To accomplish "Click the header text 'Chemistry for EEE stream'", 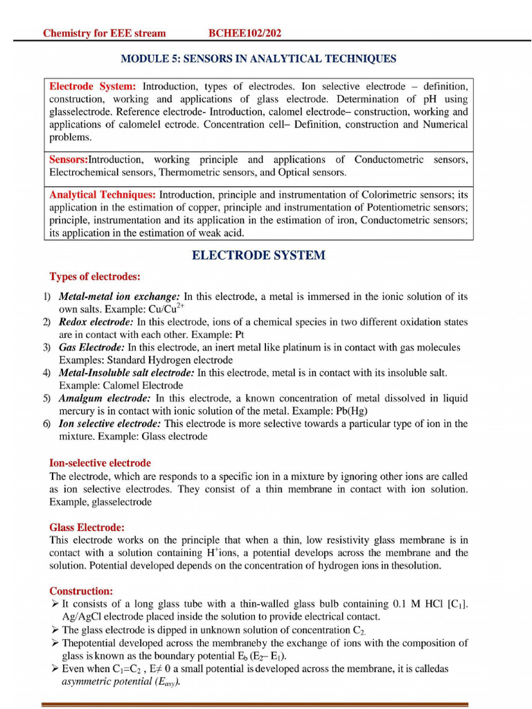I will (x=104, y=33).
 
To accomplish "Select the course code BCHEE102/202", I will (x=245, y=33).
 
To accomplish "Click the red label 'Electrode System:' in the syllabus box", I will (x=93, y=87).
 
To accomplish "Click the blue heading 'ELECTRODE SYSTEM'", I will (x=258, y=255).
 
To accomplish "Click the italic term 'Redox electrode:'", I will (x=96, y=322).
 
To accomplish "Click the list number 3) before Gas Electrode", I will (x=46, y=348).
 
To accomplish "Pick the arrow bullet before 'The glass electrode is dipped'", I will (x=54, y=630).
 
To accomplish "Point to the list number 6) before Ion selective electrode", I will (x=46, y=424).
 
